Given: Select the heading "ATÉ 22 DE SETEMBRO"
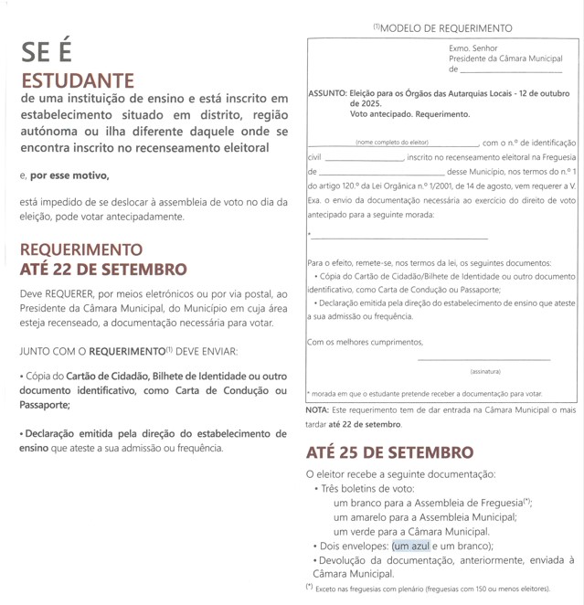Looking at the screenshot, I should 102,270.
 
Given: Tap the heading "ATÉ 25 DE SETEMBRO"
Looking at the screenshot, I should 389,452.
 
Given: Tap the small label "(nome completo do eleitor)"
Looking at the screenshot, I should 392,143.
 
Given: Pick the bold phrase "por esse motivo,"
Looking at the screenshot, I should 69,175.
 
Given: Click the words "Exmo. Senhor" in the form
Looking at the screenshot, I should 473,48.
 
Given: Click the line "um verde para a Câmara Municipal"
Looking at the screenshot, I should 411,532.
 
